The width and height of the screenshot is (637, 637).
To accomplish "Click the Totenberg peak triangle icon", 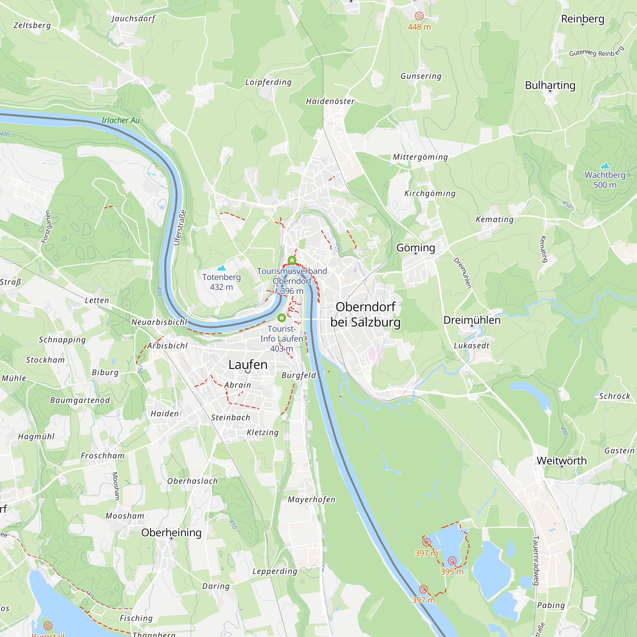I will coord(221,268).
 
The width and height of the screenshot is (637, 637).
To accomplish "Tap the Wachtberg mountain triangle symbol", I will coord(605,166).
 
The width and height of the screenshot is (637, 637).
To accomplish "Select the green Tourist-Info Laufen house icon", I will coord(281,318).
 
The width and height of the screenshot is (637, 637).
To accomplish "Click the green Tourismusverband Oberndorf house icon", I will coord(292,261).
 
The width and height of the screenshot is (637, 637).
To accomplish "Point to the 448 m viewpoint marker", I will coord(419,16).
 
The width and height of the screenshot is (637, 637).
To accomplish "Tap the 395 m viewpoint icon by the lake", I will coord(452,561).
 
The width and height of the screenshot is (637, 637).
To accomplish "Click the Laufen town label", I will coord(248,365).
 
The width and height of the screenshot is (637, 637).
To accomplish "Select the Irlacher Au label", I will coord(120,120).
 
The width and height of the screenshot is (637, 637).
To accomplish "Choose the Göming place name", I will coord(415,247).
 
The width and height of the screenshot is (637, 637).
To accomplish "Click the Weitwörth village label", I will coord(562,460).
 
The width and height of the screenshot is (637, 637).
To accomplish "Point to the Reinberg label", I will coord(583,19).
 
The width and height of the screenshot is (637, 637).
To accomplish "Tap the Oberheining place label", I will coord(171,532).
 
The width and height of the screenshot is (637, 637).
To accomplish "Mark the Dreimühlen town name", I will coord(472,320).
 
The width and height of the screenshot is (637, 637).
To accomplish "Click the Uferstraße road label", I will coord(180,227).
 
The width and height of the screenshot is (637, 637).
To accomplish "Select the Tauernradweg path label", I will coord(535,561).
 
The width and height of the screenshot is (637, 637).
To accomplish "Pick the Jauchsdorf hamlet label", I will coord(133,18).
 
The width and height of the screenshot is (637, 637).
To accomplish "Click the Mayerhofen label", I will coord(311,499).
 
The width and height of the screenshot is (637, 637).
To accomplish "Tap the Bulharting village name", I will coord(550,85).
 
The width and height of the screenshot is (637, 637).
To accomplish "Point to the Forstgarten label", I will coord(46,226).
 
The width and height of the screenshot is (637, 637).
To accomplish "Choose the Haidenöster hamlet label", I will coord(330,101).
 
